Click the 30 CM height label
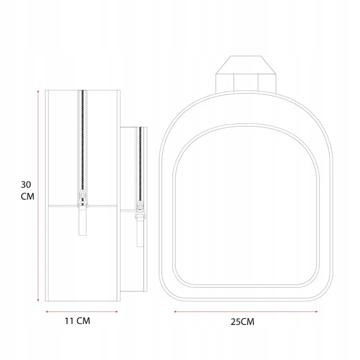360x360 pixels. tap(27, 191)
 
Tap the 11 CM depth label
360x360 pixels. tap(77, 321)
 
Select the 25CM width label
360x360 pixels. tap(242, 322)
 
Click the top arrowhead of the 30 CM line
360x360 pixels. tap(38, 91)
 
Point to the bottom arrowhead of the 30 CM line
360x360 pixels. tap(38, 300)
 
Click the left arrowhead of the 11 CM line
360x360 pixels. tap(47, 312)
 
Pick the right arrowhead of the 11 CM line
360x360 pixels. tap(117, 312)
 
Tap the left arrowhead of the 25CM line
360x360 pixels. tap(175, 312)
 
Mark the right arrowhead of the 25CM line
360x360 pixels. tap(316, 312)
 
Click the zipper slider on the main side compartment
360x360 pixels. tap(83, 198)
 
